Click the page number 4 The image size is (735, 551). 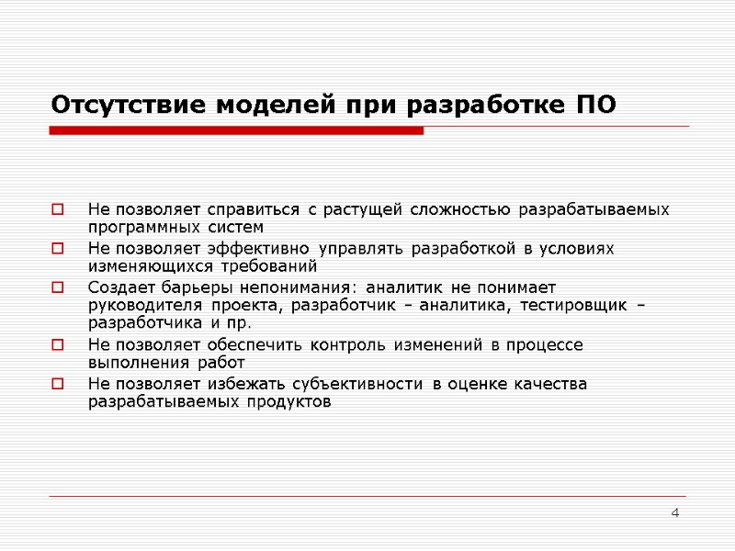coord(675,512)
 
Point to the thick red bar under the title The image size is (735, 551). coord(236,131)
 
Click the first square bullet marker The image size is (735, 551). coord(58,210)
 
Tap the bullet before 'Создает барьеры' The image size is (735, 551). coord(58,287)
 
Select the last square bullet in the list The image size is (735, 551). coord(58,384)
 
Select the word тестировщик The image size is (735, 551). coord(572,306)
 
